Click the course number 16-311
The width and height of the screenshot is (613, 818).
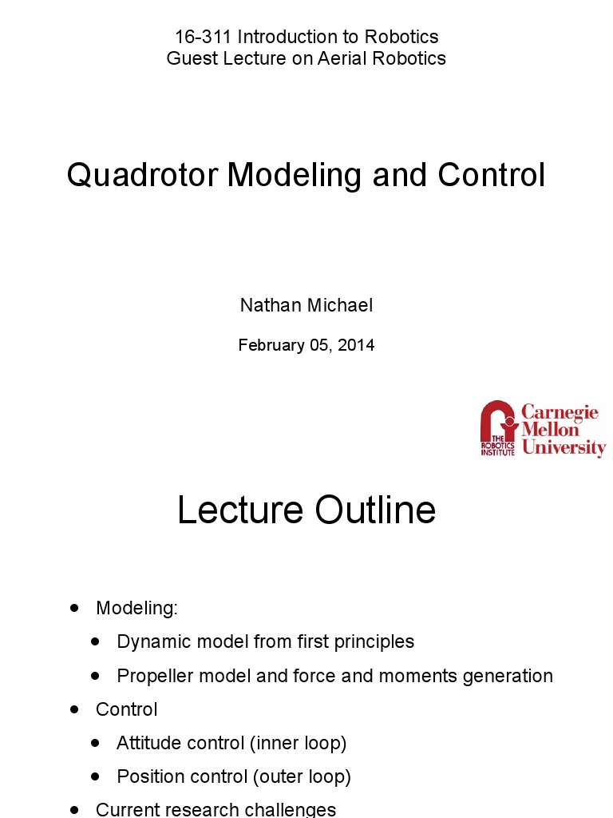tap(203, 37)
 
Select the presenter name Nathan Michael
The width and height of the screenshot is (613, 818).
tap(306, 305)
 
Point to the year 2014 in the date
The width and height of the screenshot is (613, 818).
tap(356, 345)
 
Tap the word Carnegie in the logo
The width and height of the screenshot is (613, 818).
tap(560, 412)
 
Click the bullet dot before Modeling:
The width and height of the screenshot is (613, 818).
tap(75, 608)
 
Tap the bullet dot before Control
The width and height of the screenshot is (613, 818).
tap(75, 709)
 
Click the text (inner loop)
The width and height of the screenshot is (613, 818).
tap(298, 743)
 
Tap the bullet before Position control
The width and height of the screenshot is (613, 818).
tap(96, 776)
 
